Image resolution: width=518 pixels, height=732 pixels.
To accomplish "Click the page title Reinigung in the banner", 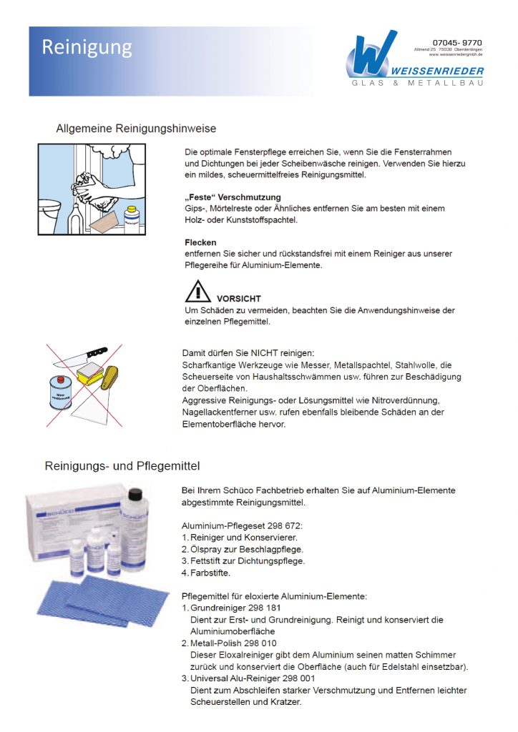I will [87, 47].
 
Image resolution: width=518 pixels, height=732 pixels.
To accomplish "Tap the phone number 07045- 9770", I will [457, 42].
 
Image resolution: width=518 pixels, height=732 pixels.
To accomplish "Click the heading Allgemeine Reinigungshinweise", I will [136, 129].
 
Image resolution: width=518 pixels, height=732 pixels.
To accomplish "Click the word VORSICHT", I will [238, 298].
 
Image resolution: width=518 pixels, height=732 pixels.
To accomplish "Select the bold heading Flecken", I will [200, 242].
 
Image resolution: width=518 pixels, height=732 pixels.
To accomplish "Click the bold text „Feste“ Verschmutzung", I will [233, 197].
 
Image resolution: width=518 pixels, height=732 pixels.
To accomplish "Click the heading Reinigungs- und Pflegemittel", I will [122, 465].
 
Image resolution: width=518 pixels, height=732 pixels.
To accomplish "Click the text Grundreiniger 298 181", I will [233, 608].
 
